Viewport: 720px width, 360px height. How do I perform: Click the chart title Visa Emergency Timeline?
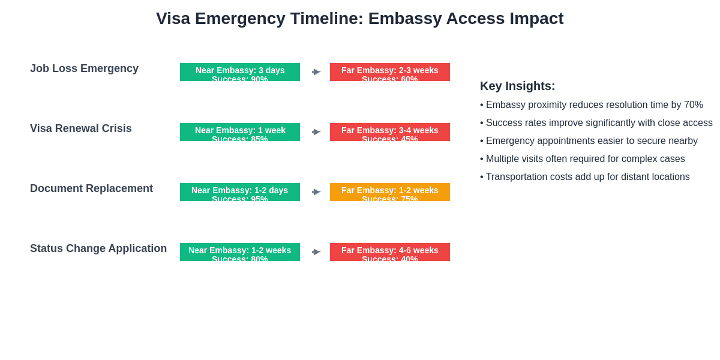(x=359, y=19)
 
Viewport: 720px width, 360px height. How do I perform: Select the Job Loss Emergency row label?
(x=84, y=68)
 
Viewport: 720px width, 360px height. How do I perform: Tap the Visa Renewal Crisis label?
(x=81, y=128)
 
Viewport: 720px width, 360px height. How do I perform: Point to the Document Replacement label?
(x=91, y=188)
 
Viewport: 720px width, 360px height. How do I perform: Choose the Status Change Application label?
(x=98, y=248)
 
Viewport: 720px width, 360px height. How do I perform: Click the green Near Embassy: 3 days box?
(x=240, y=72)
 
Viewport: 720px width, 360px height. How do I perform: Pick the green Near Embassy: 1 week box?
(x=240, y=132)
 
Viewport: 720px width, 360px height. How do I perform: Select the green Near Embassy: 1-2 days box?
(x=240, y=192)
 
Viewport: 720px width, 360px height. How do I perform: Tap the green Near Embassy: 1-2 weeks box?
(x=240, y=252)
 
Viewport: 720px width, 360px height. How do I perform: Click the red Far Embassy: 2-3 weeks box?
(x=390, y=72)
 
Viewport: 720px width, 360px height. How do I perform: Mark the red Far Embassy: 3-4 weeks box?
(x=390, y=132)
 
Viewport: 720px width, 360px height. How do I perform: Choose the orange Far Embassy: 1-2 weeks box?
(x=390, y=192)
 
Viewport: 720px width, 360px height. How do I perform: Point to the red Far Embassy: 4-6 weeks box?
(x=390, y=252)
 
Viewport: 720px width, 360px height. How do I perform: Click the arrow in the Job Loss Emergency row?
(x=316, y=72)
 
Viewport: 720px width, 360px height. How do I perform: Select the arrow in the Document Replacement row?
(x=316, y=192)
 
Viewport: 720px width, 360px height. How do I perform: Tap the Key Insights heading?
(x=517, y=86)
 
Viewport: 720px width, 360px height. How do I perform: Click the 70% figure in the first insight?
(x=693, y=105)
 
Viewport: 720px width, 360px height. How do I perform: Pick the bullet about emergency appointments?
(x=589, y=141)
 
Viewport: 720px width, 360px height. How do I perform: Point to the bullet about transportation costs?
(x=585, y=177)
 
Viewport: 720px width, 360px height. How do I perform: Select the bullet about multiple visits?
(x=583, y=159)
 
